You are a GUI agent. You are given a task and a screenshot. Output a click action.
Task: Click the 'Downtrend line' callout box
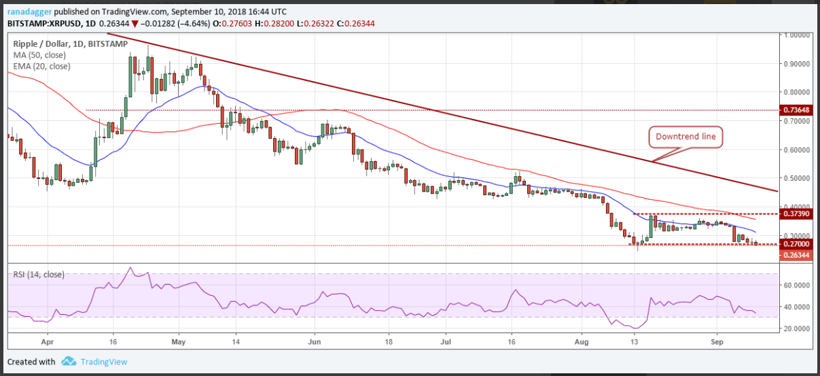coord(685,137)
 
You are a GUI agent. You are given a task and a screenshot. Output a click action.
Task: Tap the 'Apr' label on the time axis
coord(47,341)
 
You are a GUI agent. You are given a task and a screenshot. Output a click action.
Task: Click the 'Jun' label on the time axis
coord(314,341)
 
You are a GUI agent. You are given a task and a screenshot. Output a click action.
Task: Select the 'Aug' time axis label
coord(580,341)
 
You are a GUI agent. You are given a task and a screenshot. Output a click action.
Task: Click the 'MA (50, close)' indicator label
coord(41,55)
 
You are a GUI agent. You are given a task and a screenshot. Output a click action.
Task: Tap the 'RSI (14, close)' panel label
coord(39,275)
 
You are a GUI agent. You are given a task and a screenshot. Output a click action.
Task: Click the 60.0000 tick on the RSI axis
coord(796,286)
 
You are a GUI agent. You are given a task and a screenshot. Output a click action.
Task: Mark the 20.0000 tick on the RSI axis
coord(796,328)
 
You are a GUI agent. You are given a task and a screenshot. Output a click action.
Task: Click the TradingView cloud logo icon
coord(68,361)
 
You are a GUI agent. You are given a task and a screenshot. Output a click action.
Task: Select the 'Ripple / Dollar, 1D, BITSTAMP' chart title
coord(70,44)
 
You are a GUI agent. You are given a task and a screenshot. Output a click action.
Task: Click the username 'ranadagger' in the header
coord(28,12)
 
